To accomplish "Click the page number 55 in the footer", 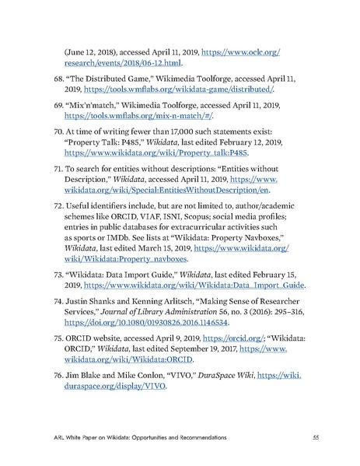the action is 314,436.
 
